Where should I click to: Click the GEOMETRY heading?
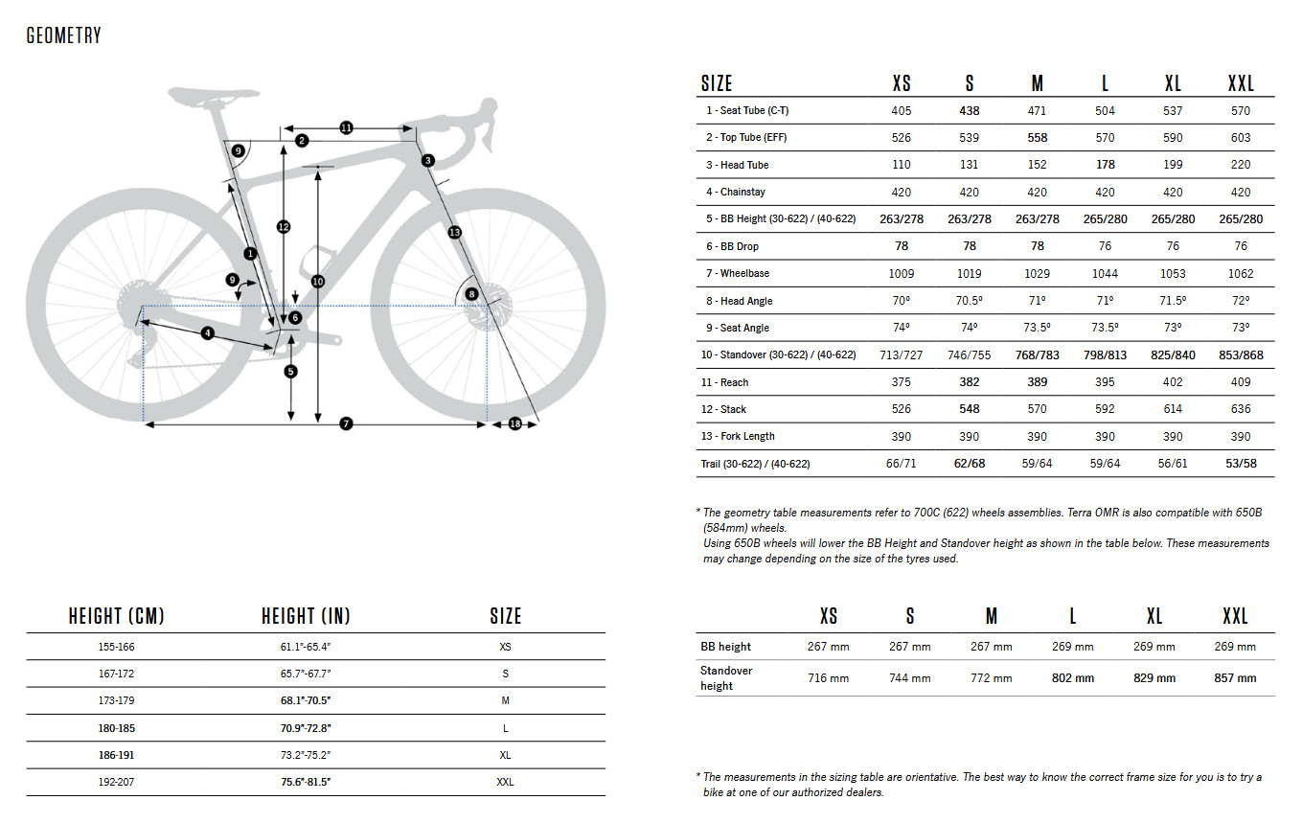63,36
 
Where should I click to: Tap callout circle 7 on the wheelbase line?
346,423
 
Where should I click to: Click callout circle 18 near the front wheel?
514,423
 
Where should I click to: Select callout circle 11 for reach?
346,127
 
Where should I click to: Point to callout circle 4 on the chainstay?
207,333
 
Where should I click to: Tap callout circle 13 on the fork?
454,232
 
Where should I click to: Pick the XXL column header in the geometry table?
1240,83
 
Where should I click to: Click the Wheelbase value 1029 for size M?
1037,274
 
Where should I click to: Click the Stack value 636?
1240,409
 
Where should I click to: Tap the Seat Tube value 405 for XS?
901,111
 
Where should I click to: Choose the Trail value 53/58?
1240,464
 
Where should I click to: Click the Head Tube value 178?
1105,165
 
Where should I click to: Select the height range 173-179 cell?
115,700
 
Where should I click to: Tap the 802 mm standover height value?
1072,678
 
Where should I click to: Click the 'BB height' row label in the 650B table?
725,647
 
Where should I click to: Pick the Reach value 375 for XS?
901,382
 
